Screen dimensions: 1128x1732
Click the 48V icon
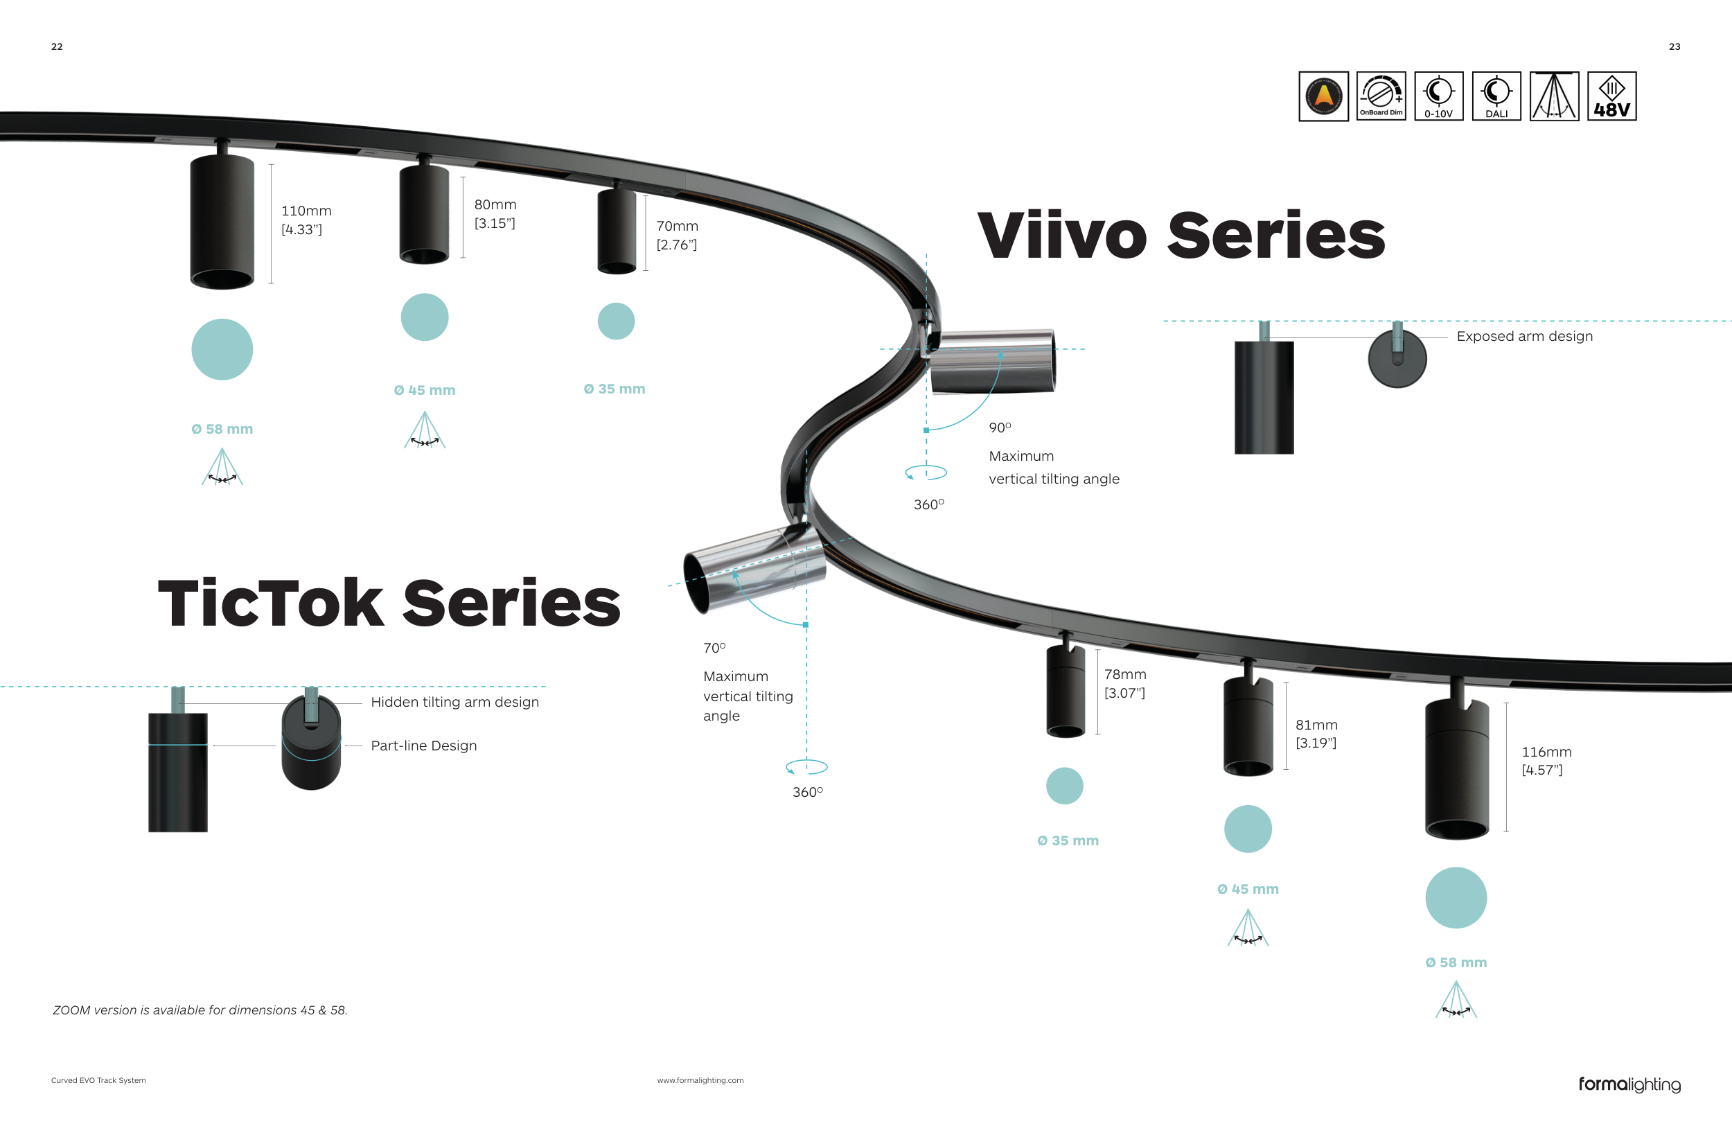(1611, 96)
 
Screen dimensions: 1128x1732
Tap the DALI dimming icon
(1496, 96)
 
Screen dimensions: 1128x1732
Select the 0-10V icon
(1439, 96)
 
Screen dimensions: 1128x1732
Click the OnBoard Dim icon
(1381, 96)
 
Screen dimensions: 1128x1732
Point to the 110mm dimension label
(306, 211)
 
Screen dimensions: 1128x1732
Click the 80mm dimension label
(495, 205)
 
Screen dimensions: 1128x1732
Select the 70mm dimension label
(678, 227)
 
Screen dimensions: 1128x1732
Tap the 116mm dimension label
(1546, 752)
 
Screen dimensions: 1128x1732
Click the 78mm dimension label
(1125, 675)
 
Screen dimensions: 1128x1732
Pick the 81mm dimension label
(1316, 725)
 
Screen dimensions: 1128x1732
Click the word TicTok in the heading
(271, 603)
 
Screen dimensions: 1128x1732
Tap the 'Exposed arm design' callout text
(1525, 336)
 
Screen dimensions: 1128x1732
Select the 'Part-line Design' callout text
(423, 746)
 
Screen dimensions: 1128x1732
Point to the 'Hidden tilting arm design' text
(455, 703)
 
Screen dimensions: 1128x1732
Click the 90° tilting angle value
(1000, 428)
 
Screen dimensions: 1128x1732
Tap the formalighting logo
(1629, 1084)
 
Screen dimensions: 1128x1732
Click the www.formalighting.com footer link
(700, 1081)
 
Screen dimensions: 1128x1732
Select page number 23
(1674, 46)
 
